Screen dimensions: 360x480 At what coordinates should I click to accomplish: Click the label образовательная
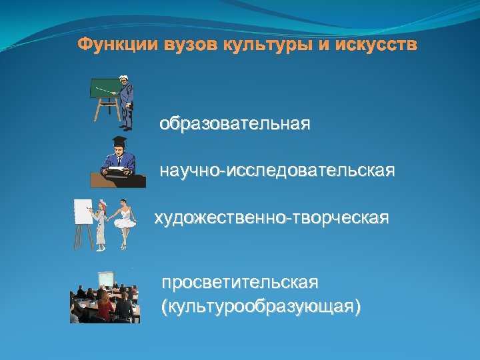[x=235, y=125]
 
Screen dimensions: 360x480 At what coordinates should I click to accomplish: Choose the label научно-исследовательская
[x=277, y=171]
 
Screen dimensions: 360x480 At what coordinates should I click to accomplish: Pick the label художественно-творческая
[x=271, y=218]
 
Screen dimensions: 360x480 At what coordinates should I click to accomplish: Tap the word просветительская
[x=240, y=283]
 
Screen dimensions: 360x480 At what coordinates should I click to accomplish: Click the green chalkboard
[x=104, y=91]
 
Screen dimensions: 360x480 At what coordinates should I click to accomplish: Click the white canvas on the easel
[x=83, y=211]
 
